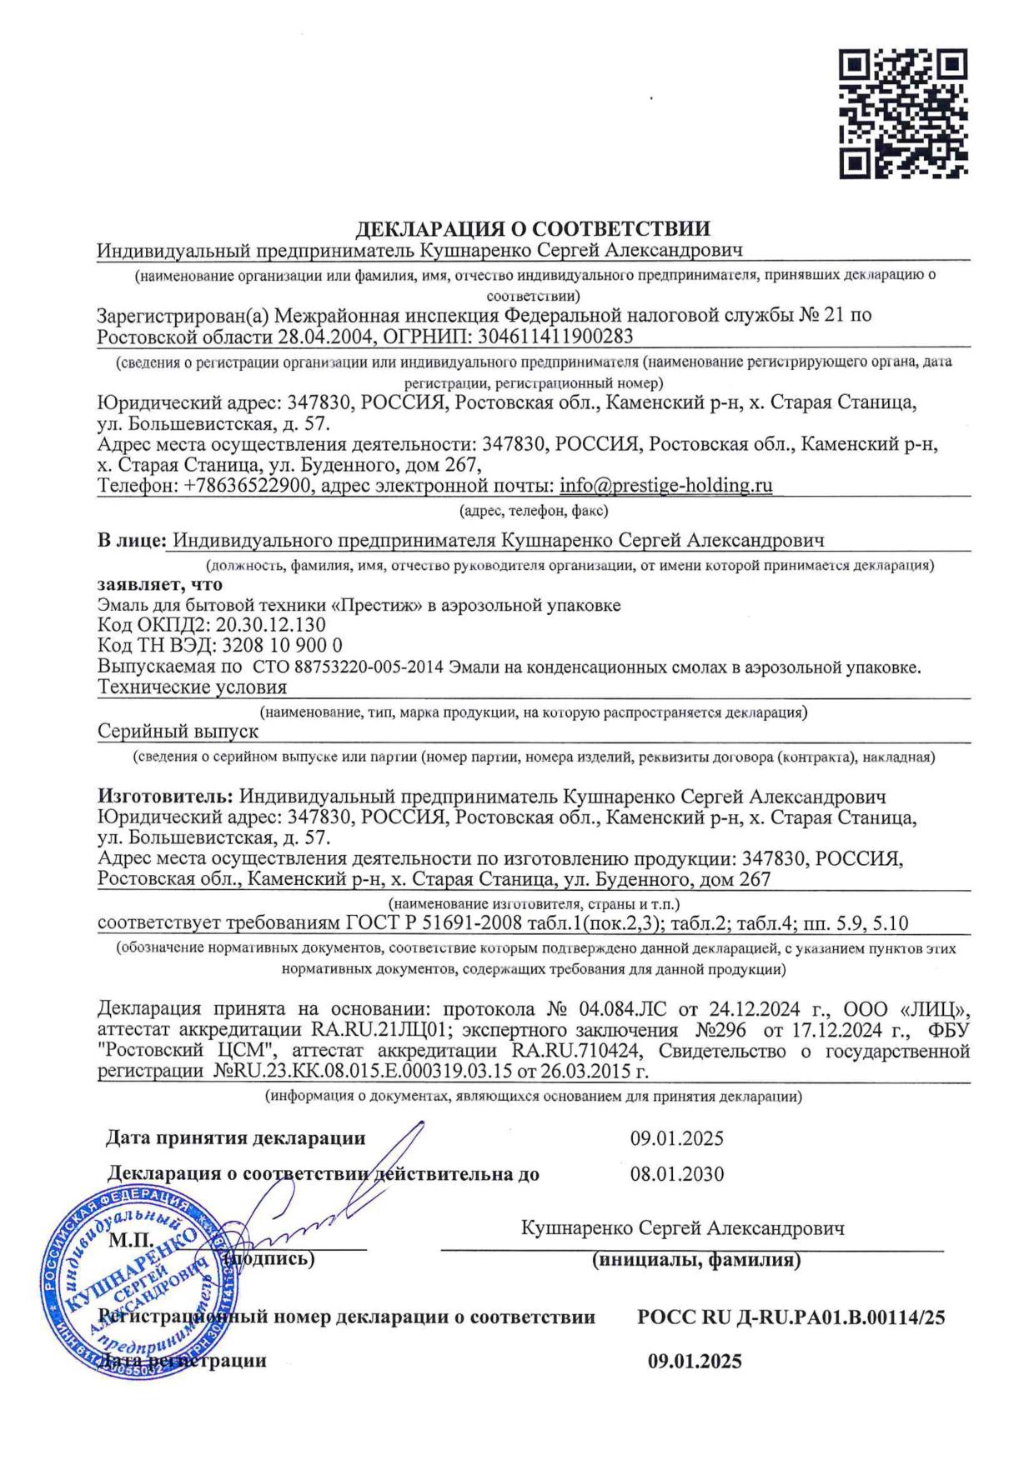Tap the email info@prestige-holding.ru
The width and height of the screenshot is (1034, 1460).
click(x=665, y=485)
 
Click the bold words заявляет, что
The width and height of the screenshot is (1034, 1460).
click(x=160, y=584)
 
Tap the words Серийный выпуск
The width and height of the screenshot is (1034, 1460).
click(x=178, y=731)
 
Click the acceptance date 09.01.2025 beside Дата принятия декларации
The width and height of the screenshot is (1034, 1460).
click(x=677, y=1138)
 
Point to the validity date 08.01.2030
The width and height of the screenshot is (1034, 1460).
click(x=677, y=1174)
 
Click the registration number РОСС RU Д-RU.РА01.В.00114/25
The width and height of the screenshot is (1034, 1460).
click(x=791, y=1317)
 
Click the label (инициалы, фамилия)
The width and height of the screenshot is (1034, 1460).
click(x=696, y=1260)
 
